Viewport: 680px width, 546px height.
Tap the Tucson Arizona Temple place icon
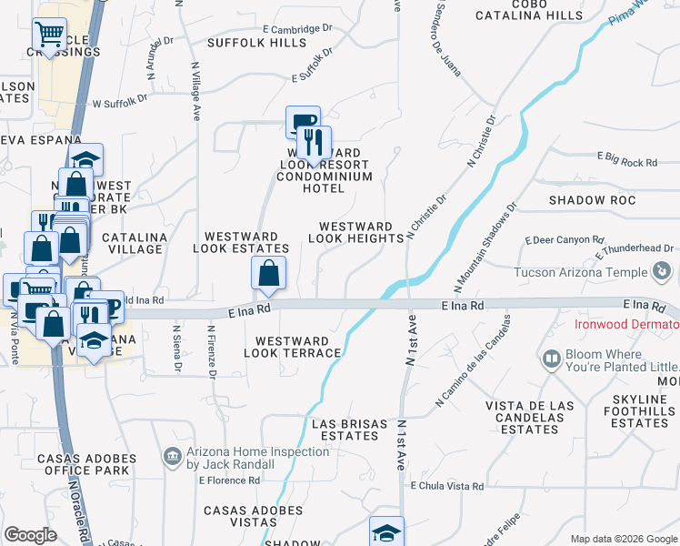(x=663, y=271)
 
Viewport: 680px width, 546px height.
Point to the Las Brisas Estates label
(x=345, y=430)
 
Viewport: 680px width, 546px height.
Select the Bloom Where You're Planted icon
(x=551, y=360)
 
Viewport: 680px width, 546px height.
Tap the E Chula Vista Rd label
(x=446, y=487)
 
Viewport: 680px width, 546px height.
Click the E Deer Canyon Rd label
(x=565, y=240)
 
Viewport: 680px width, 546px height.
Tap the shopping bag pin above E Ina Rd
(x=269, y=273)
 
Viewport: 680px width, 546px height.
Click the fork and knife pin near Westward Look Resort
(x=314, y=142)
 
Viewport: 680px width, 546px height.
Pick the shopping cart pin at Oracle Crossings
(x=49, y=35)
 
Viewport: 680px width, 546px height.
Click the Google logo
(x=30, y=535)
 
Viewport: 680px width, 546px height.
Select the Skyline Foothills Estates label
(x=640, y=411)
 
